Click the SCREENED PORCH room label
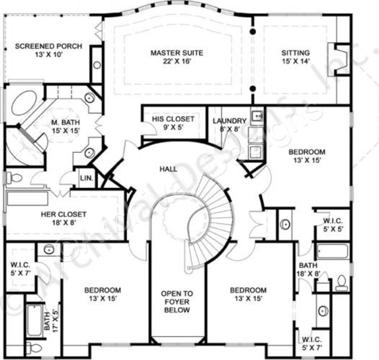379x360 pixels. click(49, 46)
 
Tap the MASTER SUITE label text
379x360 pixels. click(177, 53)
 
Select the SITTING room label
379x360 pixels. click(296, 53)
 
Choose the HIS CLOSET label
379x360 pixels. click(173, 119)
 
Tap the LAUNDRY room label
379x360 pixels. click(229, 121)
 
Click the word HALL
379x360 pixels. click(168, 169)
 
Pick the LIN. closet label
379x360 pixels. click(87, 178)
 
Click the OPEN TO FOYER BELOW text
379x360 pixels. click(177, 302)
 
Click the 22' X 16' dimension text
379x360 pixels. click(177, 61)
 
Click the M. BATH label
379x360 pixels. click(66, 122)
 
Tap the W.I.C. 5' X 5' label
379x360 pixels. click(332, 225)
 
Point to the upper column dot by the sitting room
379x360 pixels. click(253, 31)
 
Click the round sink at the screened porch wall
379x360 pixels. click(97, 66)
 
